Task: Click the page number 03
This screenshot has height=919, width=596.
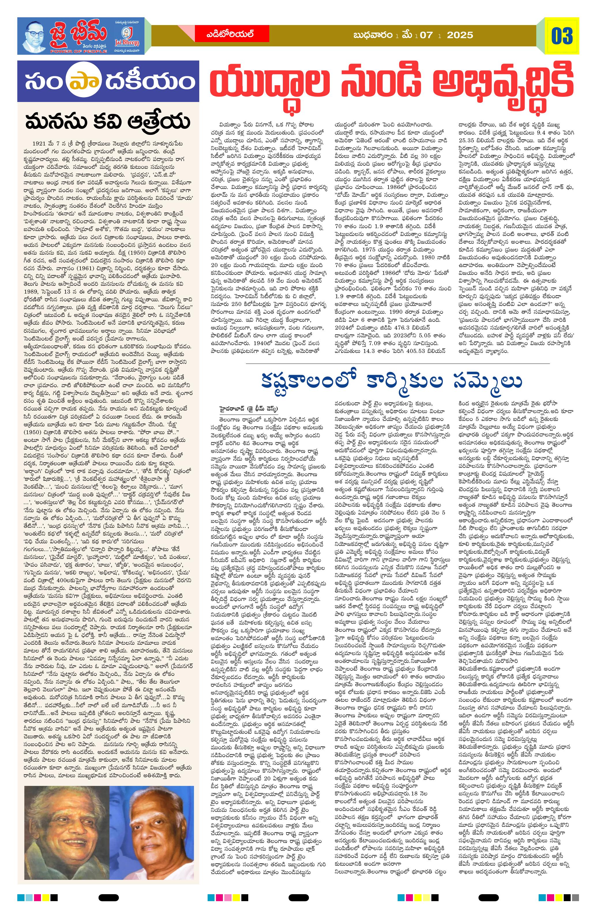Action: click(x=562, y=36)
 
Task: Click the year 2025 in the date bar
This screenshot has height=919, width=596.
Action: click(x=460, y=35)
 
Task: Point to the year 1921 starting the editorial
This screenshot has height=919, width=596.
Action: click(x=40, y=143)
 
